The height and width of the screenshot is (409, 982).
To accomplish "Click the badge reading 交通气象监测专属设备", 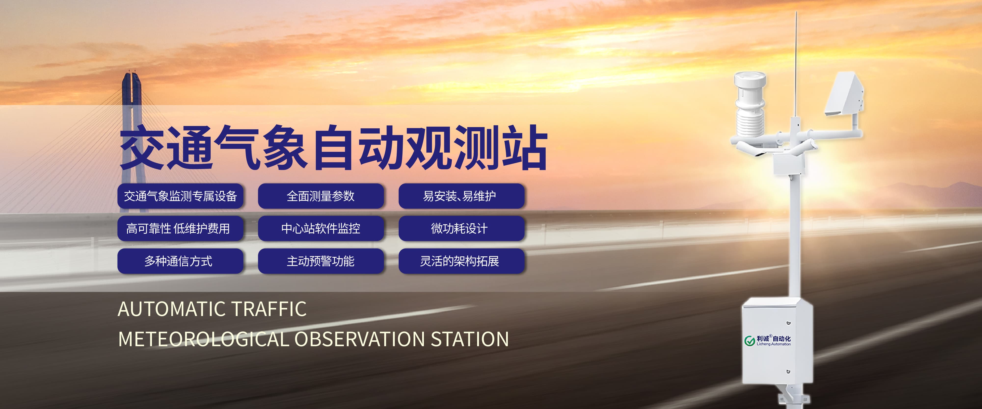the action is (x=180, y=196).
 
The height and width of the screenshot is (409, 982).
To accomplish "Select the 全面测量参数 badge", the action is (x=321, y=196).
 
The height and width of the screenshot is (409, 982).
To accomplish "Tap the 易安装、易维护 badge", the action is (x=461, y=196).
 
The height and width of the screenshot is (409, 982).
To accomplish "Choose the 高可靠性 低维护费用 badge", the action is (x=180, y=228).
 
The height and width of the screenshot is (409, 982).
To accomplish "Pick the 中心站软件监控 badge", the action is (x=321, y=228).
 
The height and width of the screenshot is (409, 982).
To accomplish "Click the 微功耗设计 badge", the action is (x=461, y=228).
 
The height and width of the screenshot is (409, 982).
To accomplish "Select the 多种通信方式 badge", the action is (x=180, y=261).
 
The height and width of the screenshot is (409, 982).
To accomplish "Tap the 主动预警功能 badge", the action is (x=321, y=261).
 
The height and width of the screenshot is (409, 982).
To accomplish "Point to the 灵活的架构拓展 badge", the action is (x=461, y=261).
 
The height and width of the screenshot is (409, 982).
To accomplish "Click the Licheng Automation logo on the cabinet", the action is (x=767, y=340).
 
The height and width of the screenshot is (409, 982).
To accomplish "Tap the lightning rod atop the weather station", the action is (x=795, y=65).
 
